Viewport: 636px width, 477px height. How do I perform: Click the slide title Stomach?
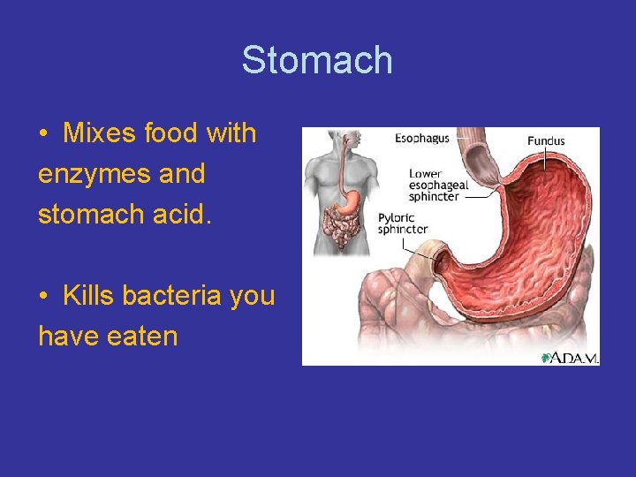317,60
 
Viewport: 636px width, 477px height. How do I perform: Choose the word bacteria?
172,296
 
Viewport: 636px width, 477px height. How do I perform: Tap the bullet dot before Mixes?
43,135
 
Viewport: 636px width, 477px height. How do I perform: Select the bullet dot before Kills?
43,297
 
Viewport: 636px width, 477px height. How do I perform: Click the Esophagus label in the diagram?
421,138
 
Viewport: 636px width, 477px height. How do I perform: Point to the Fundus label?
546,140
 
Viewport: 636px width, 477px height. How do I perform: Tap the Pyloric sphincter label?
403,223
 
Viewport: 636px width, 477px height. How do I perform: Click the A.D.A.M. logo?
570,357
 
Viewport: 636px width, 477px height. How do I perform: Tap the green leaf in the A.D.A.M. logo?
548,357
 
